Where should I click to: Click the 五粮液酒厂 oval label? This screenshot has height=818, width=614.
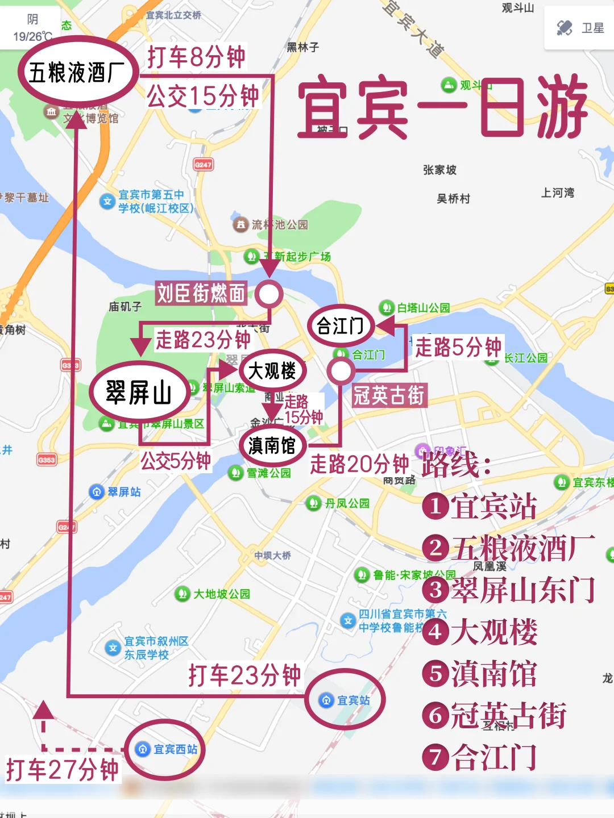point(78,72)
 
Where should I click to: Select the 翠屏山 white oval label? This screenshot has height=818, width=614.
point(139,393)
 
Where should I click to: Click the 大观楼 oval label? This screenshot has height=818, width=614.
point(272,371)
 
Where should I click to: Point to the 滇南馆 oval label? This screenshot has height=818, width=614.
point(272,445)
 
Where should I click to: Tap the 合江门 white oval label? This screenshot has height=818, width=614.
point(340,326)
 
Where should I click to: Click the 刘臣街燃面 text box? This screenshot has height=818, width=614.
point(201,293)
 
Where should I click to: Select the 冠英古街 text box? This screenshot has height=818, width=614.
point(389,395)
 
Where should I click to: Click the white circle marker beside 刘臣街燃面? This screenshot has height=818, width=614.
point(268,294)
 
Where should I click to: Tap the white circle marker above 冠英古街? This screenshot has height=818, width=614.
point(341,371)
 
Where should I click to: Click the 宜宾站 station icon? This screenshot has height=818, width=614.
point(326,700)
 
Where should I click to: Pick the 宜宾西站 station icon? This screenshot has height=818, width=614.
point(143,749)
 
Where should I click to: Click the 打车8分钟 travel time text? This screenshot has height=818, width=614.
point(196,57)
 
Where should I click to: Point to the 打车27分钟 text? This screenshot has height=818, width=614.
point(62,770)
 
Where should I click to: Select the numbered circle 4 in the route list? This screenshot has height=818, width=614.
point(435,631)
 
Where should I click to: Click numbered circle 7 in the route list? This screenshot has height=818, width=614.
point(435,757)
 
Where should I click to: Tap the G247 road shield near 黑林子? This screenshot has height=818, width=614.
point(203,165)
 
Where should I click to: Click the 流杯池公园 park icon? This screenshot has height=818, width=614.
point(240,224)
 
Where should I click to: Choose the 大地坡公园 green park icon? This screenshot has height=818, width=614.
point(182,594)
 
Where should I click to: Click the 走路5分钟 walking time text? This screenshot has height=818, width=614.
point(458,347)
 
